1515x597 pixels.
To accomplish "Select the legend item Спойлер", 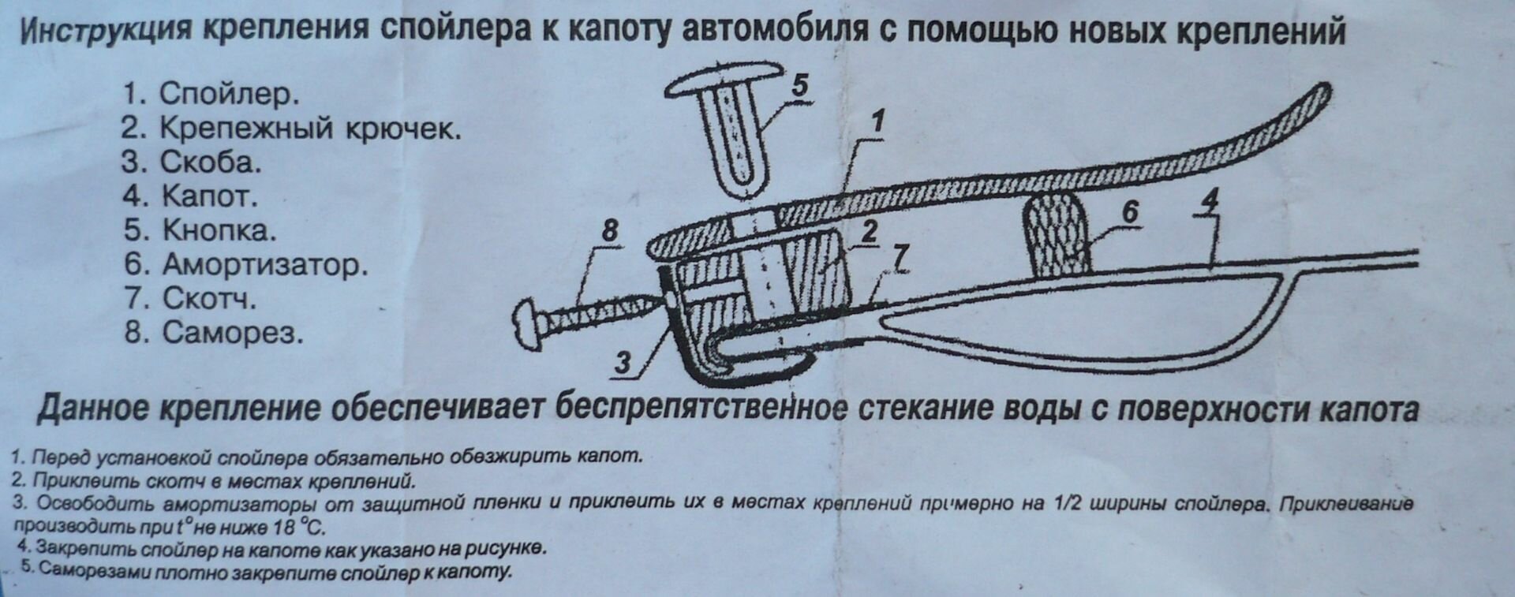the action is (x=229, y=94).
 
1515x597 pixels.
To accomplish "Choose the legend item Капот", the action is (x=210, y=196).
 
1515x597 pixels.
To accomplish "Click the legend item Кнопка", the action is (x=219, y=230).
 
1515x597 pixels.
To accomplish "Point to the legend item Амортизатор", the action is (x=264, y=264).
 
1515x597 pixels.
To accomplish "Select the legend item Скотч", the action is (x=209, y=299).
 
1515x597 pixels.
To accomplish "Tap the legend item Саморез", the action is (x=233, y=333).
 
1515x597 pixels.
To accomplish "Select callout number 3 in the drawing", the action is (x=623, y=363).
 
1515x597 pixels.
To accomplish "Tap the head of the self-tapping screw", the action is (x=526, y=321).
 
